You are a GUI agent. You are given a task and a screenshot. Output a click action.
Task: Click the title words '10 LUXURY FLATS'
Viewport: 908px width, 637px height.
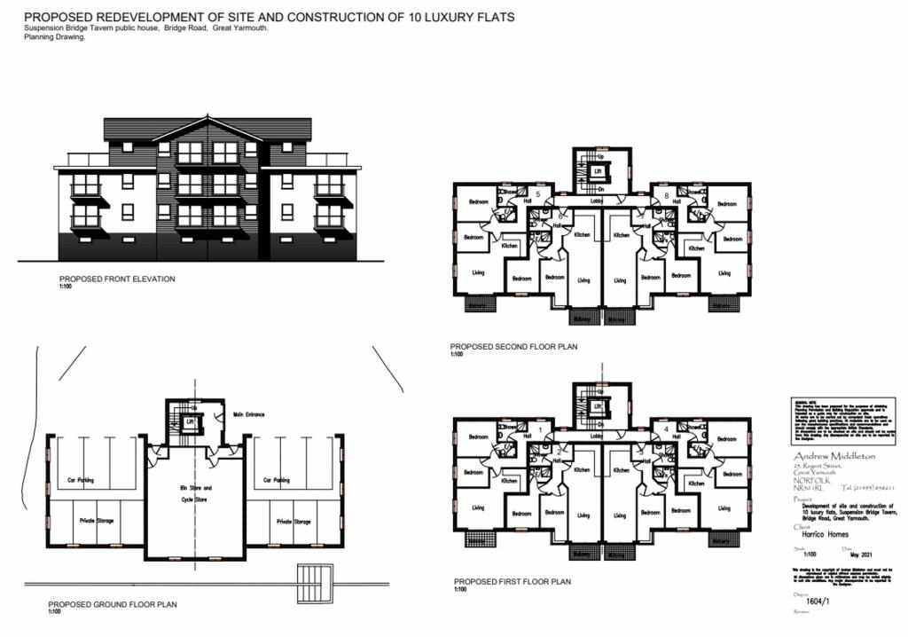coord(460,17)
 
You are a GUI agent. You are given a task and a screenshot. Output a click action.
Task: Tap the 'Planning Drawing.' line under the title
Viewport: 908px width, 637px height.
coord(54,37)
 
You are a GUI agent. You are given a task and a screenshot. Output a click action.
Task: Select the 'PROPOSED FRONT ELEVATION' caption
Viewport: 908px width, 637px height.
coord(117,279)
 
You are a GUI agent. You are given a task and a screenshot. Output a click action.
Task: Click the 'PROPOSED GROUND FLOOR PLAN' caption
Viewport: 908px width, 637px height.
coord(112,604)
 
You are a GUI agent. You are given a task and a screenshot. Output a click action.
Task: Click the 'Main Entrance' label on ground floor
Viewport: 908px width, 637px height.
coord(250,413)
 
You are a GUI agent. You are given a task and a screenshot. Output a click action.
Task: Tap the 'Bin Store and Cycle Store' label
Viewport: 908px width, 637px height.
coord(195,493)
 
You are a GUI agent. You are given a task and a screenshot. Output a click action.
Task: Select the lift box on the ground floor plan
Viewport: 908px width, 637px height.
coord(190,421)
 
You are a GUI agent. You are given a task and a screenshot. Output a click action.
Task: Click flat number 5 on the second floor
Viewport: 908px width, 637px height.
coord(537,193)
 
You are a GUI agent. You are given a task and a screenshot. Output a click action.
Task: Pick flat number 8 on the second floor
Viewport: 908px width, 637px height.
coord(665,193)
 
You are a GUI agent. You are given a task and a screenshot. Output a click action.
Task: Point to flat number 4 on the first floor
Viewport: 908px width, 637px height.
coord(665,430)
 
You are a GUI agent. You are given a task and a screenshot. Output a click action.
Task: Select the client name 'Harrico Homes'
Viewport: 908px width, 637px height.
coord(816,536)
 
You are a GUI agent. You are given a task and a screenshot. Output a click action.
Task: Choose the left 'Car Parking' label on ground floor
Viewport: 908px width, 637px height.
coord(81,480)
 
